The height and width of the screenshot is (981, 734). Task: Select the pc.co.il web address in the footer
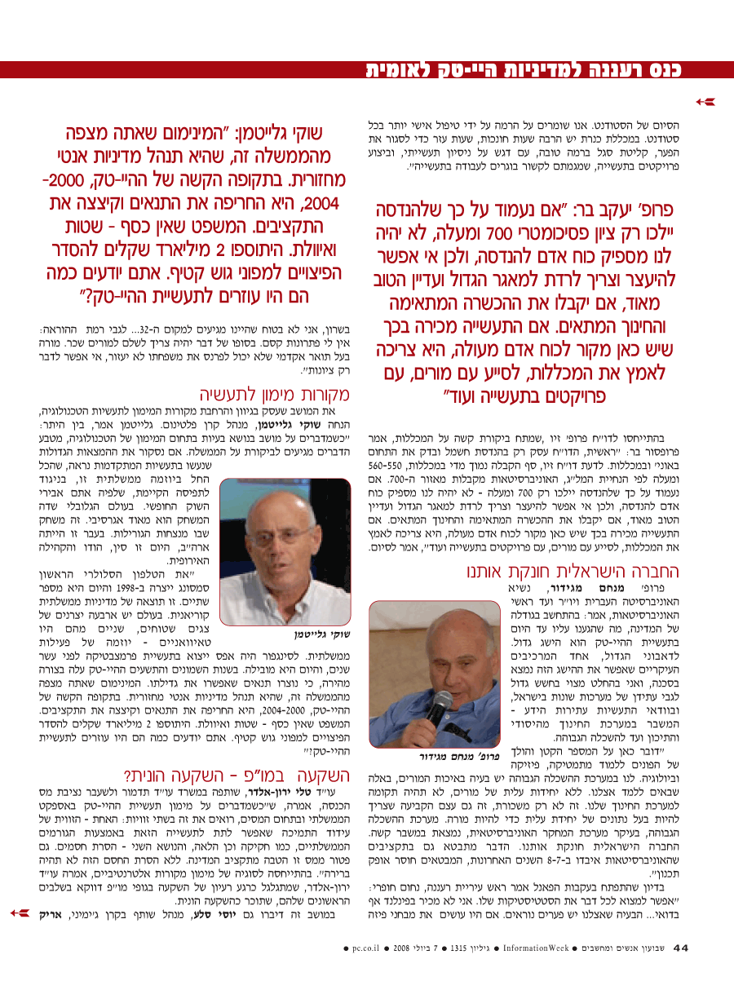pyautogui.click(x=371, y=948)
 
